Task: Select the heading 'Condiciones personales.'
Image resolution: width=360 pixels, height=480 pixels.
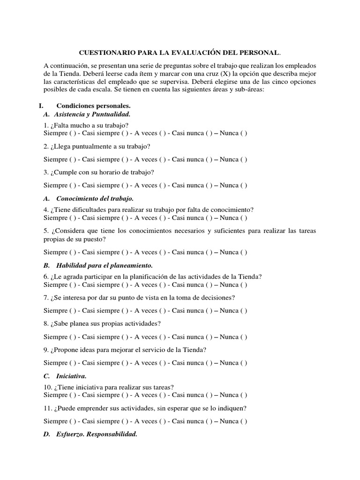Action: pos(93,106)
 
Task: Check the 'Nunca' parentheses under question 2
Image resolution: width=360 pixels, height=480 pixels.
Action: pos(244,159)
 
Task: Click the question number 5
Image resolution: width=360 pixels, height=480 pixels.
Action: pos(45,230)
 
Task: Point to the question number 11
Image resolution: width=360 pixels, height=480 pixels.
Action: pos(47,408)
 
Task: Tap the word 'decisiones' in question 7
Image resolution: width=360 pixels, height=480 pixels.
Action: pos(218,298)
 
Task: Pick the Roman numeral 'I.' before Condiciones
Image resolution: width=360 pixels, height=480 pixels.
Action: pos(41,106)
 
